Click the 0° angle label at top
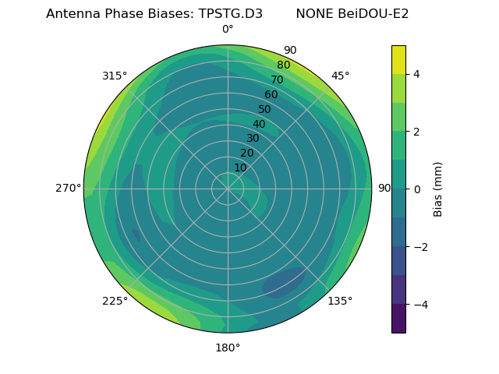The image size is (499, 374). pos(228,30)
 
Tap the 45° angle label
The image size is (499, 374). pos(340,76)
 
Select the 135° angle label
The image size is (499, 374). pos(340,301)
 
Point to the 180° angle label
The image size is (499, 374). pos(228,348)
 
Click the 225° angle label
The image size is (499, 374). pos(115,301)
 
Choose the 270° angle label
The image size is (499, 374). pos(68,188)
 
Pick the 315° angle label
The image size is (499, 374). pos(115,76)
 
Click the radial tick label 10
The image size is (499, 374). pos(240,168)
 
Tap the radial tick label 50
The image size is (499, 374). pos(265,109)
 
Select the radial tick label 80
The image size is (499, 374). pos(284,65)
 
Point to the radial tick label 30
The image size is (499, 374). pos(253,139)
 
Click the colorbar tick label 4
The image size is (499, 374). pos(417,74)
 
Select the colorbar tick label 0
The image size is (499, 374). pos(417,189)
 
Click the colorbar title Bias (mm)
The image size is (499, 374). pos(438,189)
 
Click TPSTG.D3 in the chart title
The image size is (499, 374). pos(226,13)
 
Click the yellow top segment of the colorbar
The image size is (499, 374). pos(398,60)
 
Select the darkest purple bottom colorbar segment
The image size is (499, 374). pos(398,319)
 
